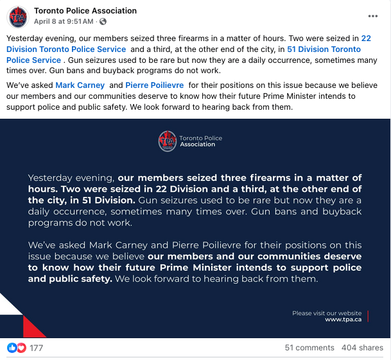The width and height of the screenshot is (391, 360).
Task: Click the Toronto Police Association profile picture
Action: click(18, 16)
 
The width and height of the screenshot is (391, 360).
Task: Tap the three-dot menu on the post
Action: click(373, 16)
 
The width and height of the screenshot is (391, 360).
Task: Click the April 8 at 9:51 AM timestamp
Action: click(62, 22)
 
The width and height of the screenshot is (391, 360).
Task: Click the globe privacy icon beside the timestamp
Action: click(103, 22)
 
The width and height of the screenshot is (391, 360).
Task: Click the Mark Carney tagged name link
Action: click(80, 85)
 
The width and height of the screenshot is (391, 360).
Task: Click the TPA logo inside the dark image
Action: click(168, 141)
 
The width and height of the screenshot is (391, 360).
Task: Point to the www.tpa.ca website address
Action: click(343, 319)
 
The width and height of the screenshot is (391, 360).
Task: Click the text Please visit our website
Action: click(327, 313)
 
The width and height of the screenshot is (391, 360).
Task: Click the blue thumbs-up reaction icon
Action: click(12, 348)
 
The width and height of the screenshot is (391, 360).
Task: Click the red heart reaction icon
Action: click(21, 348)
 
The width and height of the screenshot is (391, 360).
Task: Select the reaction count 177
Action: click(36, 348)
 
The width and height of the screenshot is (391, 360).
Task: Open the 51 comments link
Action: click(309, 348)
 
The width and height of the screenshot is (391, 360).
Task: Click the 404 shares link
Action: click(362, 348)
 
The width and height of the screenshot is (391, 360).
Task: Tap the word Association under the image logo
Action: click(198, 144)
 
